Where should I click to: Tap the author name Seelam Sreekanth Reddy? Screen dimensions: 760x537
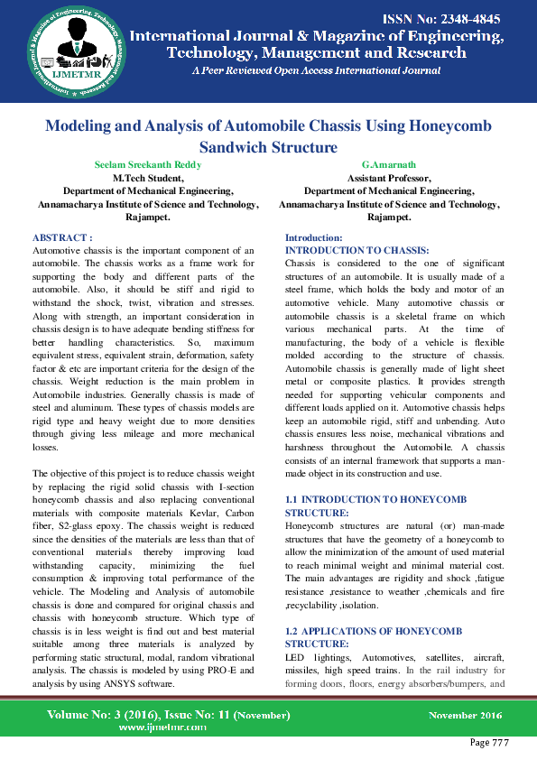148,165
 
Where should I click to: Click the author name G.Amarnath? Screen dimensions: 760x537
388,165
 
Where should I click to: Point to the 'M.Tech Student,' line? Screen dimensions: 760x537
148,179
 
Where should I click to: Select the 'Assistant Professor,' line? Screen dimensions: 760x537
389,179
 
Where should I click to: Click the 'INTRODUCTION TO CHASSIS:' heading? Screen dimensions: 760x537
356,248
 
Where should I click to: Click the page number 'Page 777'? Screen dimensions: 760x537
490,742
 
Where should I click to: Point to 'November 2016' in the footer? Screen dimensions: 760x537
465,715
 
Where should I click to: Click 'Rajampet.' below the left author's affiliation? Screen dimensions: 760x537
148,218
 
